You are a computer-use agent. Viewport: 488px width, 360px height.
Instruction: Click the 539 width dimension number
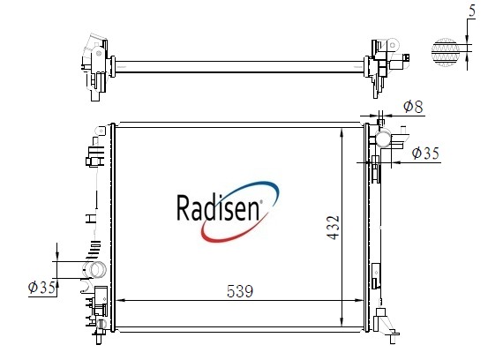240,291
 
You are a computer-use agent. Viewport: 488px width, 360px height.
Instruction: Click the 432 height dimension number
333,228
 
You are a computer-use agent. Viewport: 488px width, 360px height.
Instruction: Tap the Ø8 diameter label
413,107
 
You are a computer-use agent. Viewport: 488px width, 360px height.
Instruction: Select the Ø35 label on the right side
425,153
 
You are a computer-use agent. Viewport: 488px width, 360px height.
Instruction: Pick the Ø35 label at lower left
42,287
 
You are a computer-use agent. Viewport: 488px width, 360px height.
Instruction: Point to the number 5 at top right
472,11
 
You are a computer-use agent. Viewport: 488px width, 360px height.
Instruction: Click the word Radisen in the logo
218,207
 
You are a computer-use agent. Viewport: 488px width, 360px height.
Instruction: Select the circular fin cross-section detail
446,52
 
